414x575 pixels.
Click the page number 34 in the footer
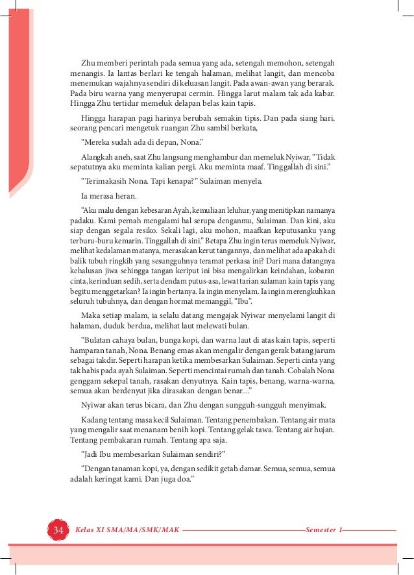(58, 530)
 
